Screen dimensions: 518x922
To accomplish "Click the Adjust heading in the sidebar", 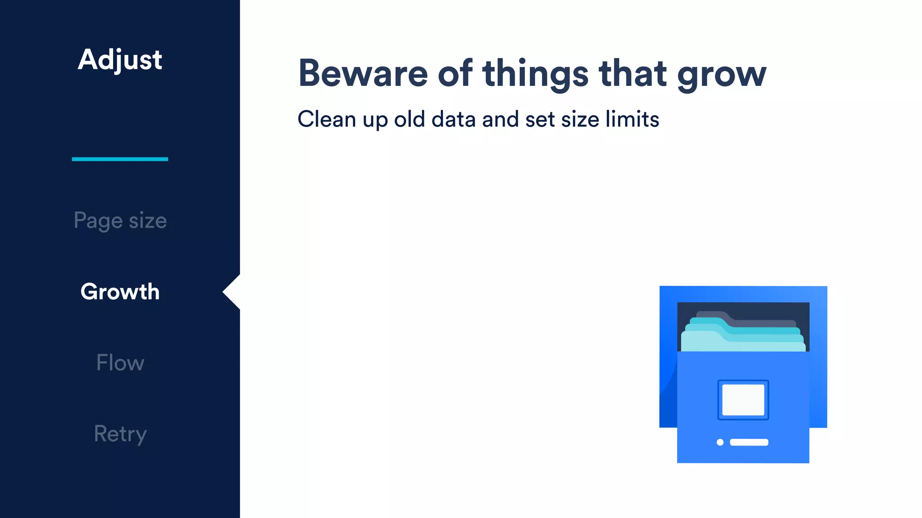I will [x=120, y=60].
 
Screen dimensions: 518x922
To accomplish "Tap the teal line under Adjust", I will [x=120, y=159].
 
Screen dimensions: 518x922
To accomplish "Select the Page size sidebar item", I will [x=120, y=221].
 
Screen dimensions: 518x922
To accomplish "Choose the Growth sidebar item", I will [x=120, y=292].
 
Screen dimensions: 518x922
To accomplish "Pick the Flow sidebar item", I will [x=120, y=363].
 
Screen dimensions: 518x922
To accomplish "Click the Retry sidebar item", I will [x=120, y=434].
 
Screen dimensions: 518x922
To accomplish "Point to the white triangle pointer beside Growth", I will [x=232, y=292].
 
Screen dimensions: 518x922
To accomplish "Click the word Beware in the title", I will [x=363, y=73].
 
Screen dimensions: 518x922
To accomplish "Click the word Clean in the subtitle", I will [x=327, y=120].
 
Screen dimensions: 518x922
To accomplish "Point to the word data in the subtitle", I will [x=453, y=120].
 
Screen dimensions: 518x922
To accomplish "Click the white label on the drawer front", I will [x=743, y=400].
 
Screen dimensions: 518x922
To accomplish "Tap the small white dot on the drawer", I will [x=720, y=442].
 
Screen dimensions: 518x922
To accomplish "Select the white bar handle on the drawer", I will [x=749, y=442].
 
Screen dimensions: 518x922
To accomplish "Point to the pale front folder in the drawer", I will [x=743, y=344].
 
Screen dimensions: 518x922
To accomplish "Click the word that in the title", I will [x=633, y=73].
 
